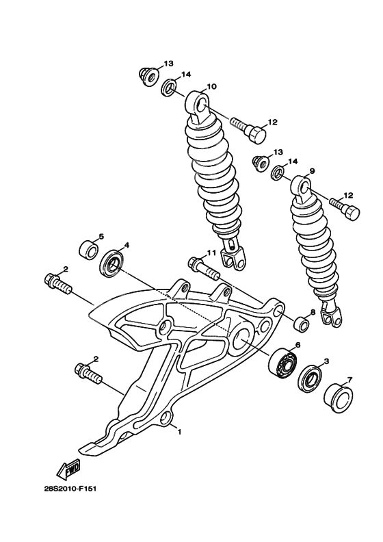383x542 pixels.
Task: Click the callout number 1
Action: (180, 432)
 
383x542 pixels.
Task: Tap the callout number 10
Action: (211, 86)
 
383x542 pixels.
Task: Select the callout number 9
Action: (311, 171)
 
